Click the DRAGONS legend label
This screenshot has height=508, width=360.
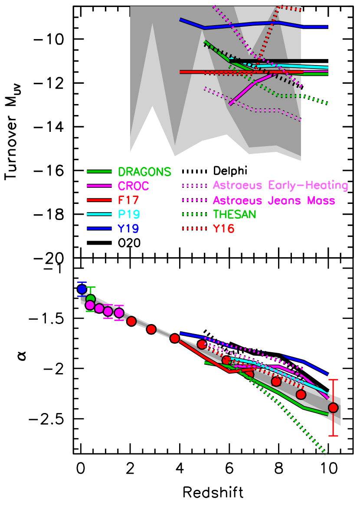click(144, 172)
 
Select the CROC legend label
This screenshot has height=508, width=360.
click(133, 186)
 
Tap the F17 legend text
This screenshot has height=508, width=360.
click(128, 200)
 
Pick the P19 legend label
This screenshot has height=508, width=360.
click(128, 214)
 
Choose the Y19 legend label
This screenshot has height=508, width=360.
click(128, 229)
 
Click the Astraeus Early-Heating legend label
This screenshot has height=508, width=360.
click(280, 186)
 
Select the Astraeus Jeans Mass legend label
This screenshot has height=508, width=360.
click(274, 200)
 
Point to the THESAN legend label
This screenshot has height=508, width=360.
click(235, 214)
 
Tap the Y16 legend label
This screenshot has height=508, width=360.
click(223, 229)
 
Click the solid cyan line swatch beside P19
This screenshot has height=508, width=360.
click(99, 214)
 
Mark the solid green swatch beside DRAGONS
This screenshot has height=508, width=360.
click(99, 172)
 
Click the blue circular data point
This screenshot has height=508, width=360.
click(82, 289)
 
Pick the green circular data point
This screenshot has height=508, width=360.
click(91, 299)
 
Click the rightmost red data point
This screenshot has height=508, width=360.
click(333, 407)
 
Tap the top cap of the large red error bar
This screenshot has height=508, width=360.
click(333, 380)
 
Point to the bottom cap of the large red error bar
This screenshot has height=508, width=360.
click(333, 436)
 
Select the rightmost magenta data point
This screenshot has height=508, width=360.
click(119, 313)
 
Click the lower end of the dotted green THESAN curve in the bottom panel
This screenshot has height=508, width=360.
click(325, 453)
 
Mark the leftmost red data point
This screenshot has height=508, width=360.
click(131, 321)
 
